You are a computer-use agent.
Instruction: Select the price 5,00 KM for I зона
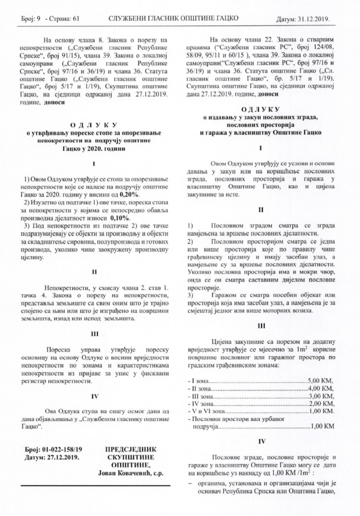coord(320,379)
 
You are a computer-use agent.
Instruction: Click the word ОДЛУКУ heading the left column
coord(94,124)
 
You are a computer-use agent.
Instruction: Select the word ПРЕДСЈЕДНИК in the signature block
coord(131,448)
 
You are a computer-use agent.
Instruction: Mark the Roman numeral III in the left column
coord(94,334)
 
